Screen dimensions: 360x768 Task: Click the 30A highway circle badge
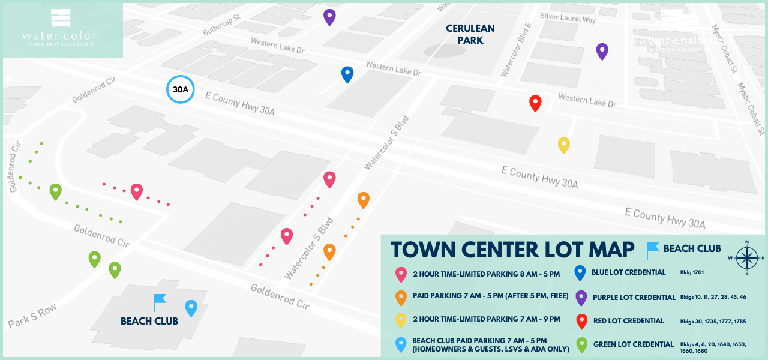pyautogui.click(x=181, y=90)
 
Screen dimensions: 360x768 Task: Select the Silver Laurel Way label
pyautogui.click(x=568, y=18)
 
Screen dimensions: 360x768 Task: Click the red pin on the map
pyautogui.click(x=535, y=103)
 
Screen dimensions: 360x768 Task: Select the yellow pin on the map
pyautogui.click(x=563, y=145)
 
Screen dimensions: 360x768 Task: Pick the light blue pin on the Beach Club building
pyautogui.click(x=191, y=307)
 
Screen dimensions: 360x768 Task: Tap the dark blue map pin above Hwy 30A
pyautogui.click(x=347, y=74)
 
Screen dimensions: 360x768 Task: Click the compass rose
pyautogui.click(x=746, y=258)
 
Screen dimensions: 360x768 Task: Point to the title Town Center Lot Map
pyautogui.click(x=512, y=250)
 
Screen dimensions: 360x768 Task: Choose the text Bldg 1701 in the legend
pyautogui.click(x=692, y=273)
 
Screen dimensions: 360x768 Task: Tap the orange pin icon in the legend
pyautogui.click(x=400, y=297)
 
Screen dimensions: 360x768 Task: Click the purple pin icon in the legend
pyautogui.click(x=580, y=297)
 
